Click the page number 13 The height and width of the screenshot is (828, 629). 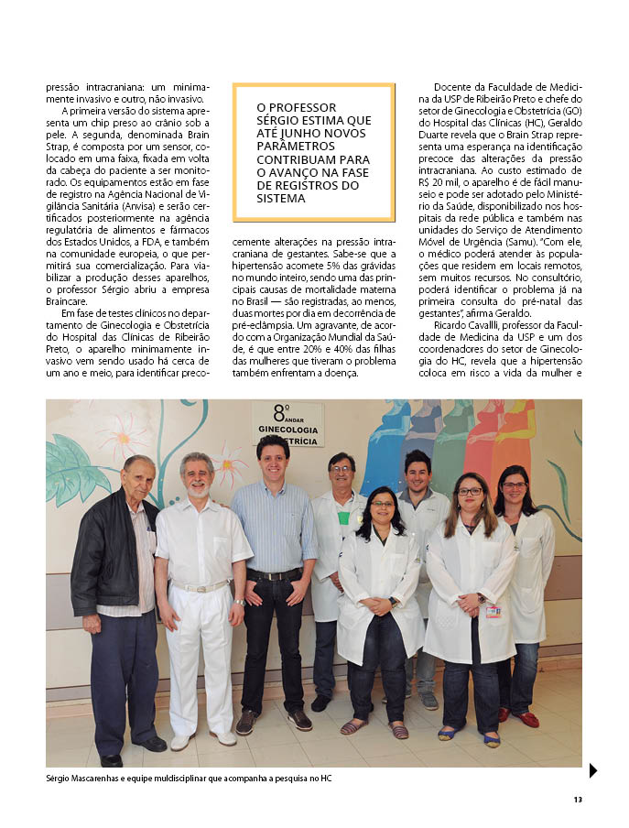point(578,800)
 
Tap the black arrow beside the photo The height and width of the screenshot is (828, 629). point(592,770)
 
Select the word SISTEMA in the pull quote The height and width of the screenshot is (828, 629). point(280,198)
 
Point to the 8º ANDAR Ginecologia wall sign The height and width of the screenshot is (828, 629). point(287,424)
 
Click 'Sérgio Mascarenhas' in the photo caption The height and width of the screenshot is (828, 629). point(84,779)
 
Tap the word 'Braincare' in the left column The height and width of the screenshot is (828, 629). point(68,300)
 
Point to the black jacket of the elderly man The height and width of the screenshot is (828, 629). point(103,563)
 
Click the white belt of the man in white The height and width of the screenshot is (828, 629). point(201,587)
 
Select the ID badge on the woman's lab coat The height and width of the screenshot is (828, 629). point(493,610)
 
